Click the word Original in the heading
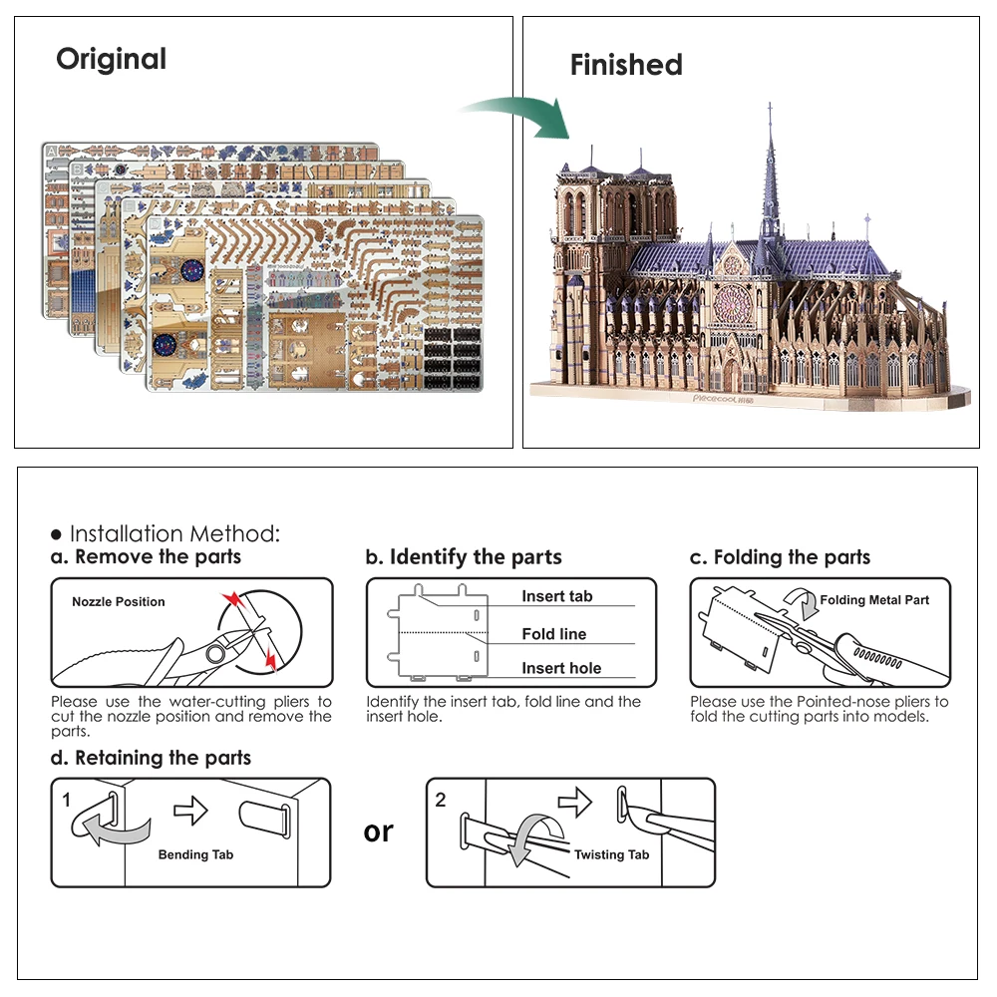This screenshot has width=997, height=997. pos(111,59)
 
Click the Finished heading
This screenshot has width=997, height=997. pos(626,65)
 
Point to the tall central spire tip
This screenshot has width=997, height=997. pos(770,105)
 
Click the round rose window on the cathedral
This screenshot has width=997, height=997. pos(734,306)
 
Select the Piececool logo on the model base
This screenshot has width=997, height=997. pos(721,397)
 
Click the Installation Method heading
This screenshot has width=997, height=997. pos(174,534)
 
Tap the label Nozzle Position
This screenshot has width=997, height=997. pos(119,602)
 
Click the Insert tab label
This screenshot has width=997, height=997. pos(556,596)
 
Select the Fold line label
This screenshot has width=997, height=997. pos(553,634)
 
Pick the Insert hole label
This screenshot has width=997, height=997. pos(561,668)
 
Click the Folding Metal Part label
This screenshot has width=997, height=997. pos(874,600)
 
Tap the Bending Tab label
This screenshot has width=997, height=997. pos(196,854)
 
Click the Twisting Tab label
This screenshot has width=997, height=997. pos(611,854)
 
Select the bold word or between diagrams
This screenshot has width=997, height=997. pos(379,831)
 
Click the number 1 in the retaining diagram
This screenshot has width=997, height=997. pos(66,800)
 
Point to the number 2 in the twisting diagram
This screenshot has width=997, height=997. pos(441,800)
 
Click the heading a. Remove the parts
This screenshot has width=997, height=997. pos(147,557)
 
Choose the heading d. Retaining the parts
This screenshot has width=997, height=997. pos(152,759)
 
